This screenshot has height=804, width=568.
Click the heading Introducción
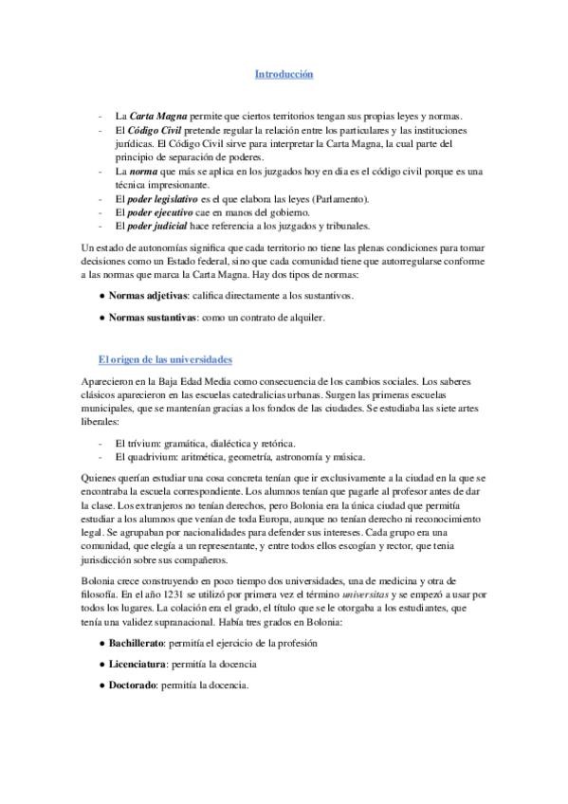pos(284,73)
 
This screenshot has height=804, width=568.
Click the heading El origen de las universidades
pos(164,360)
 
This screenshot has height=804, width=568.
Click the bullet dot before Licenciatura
pos(101,664)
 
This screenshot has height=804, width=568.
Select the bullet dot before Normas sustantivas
pos(101,319)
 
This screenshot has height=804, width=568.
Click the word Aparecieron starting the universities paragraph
pos(109,381)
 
